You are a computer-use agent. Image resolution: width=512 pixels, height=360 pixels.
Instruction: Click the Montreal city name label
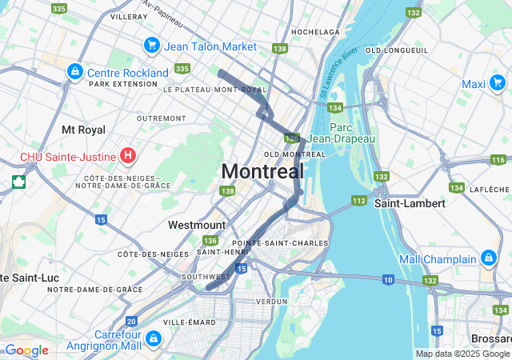click(262, 171)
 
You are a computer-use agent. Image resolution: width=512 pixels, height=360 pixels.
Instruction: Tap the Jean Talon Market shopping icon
click(150, 46)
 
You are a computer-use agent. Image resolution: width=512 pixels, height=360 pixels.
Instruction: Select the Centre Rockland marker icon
click(74, 71)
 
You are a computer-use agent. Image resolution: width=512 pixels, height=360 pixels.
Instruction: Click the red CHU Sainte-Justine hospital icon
click(126, 154)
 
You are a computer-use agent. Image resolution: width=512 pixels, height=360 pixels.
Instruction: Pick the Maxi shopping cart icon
click(497, 83)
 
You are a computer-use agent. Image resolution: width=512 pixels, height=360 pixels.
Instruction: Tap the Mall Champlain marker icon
click(489, 258)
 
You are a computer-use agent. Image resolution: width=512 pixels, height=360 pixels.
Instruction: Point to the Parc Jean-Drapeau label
click(341, 133)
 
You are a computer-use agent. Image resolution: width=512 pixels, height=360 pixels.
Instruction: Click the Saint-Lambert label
click(410, 203)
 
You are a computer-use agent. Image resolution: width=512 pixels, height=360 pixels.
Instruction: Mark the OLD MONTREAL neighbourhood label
click(294, 154)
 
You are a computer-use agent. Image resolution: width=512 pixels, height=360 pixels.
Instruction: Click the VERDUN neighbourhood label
click(271, 302)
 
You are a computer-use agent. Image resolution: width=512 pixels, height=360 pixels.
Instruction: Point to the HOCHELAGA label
click(316, 32)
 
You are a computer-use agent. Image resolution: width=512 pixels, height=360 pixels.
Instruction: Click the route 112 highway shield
click(358, 200)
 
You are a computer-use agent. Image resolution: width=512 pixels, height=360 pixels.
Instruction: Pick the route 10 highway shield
click(388, 279)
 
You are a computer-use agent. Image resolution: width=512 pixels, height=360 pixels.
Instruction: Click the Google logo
click(26, 350)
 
